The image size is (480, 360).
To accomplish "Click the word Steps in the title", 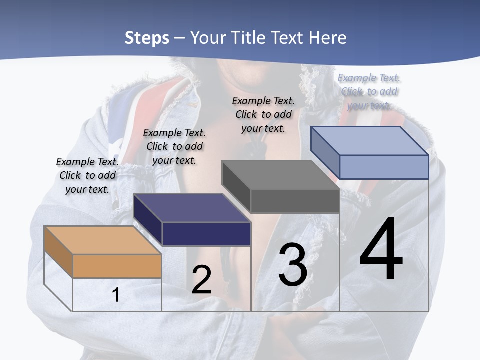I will click(147, 38).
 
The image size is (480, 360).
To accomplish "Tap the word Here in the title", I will click(328, 38).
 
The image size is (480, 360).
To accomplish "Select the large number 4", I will click(381, 249).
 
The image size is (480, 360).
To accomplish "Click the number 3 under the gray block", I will click(293, 265).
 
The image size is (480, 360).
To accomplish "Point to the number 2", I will click(201, 280).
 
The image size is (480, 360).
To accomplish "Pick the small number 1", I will click(116, 295).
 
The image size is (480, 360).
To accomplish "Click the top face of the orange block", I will click(102, 240).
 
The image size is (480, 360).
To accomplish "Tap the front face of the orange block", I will click(117, 266).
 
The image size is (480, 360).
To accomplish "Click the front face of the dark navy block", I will click(206, 234).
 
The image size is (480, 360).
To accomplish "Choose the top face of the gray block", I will click(280, 175).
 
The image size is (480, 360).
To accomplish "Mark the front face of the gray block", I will click(295, 201).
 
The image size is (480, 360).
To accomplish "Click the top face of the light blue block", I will click(369, 140).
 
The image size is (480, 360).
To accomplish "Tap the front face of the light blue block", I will click(384, 167).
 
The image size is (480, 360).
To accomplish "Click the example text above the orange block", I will click(87, 175).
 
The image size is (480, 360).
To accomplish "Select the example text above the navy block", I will click(174, 146).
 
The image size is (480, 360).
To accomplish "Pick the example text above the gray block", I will click(263, 114).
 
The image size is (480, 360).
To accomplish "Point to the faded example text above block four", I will click(369, 91).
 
